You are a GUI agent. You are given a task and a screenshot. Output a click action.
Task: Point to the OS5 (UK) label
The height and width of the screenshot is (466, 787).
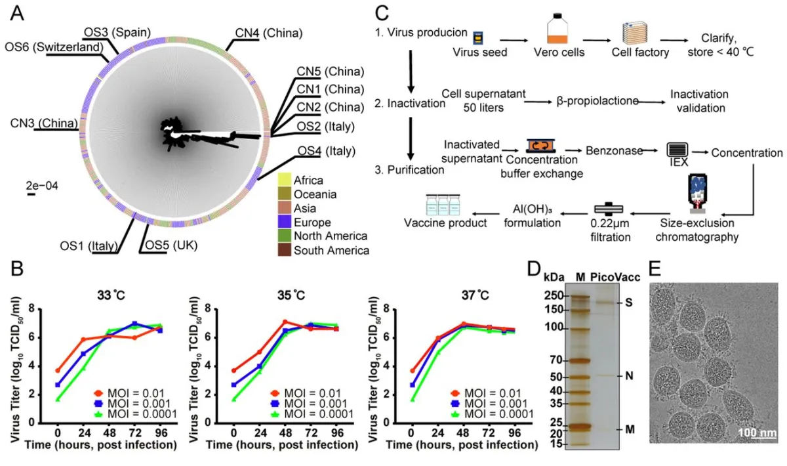pos(172,246)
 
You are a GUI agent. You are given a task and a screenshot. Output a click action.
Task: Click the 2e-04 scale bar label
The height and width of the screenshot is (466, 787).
pos(42,186)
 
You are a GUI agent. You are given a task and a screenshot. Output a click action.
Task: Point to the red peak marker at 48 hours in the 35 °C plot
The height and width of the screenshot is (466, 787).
pos(285,322)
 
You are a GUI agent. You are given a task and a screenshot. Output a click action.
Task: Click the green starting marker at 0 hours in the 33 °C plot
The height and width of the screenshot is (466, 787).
pos(58,398)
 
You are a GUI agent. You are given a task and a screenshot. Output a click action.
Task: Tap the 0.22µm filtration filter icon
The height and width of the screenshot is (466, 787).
pos(609,208)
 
